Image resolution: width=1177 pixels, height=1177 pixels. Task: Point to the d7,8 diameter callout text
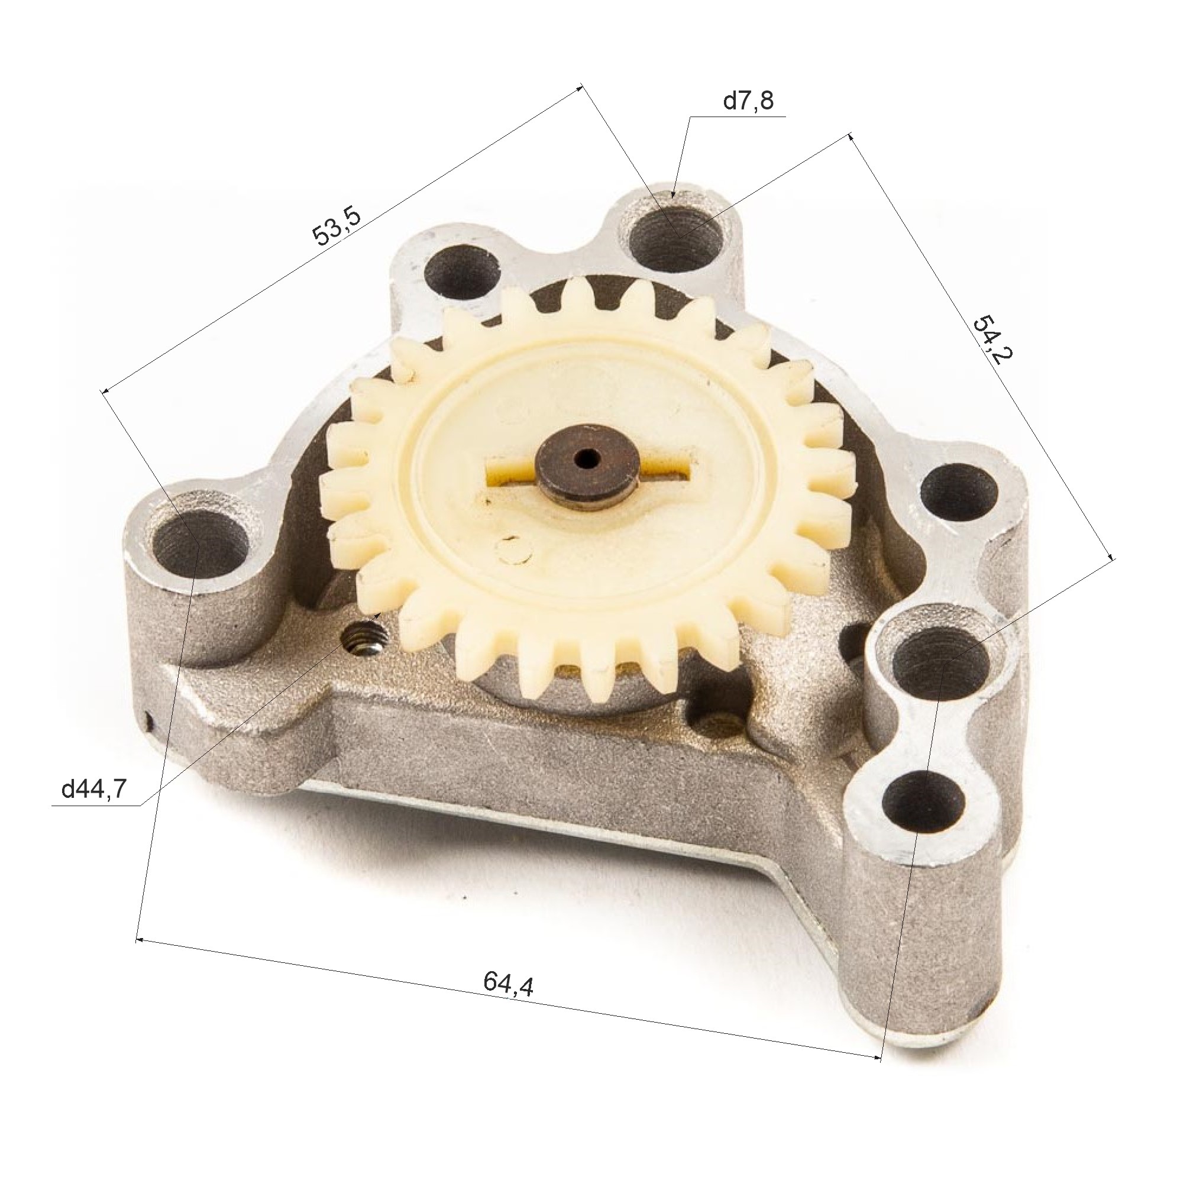(748, 100)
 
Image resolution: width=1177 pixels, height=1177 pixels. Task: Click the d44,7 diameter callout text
(95, 790)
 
